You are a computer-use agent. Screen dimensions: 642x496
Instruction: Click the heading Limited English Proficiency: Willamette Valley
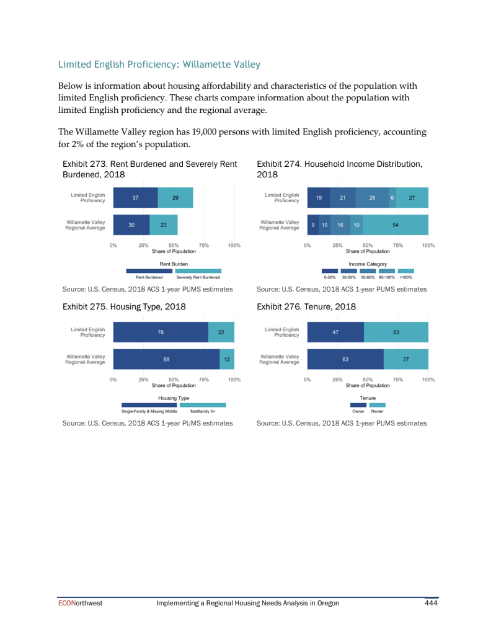pyautogui.click(x=159, y=65)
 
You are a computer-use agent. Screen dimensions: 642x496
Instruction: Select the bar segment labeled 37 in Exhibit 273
pyautogui.click(x=135, y=198)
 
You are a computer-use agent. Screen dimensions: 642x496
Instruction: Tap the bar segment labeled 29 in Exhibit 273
pyautogui.click(x=175, y=198)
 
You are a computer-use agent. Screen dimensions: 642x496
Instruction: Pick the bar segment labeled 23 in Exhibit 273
pyautogui.click(x=164, y=225)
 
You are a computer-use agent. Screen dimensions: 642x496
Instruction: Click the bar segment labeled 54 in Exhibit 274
pyautogui.click(x=395, y=225)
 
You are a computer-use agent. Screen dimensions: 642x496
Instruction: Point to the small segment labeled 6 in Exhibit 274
pyautogui.click(x=392, y=198)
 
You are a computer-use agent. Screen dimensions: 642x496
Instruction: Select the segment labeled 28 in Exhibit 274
pyautogui.click(x=372, y=198)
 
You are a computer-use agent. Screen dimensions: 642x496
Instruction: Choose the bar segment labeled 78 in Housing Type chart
pyautogui.click(x=161, y=332)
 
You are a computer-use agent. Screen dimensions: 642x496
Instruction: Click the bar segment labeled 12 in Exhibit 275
pyautogui.click(x=227, y=359)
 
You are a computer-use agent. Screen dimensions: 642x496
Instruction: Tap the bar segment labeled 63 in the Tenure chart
pyautogui.click(x=345, y=359)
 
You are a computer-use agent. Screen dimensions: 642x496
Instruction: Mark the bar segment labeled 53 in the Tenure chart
pyautogui.click(x=396, y=332)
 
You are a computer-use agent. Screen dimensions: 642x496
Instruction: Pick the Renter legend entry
pyautogui.click(x=377, y=408)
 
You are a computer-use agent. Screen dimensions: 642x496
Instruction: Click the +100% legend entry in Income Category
pyautogui.click(x=406, y=274)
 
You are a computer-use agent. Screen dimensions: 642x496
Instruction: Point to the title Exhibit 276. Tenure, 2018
pyautogui.click(x=306, y=306)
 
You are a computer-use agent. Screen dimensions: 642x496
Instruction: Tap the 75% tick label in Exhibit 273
pyautogui.click(x=204, y=246)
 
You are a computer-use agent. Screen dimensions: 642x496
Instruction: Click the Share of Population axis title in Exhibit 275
pyautogui.click(x=174, y=385)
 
